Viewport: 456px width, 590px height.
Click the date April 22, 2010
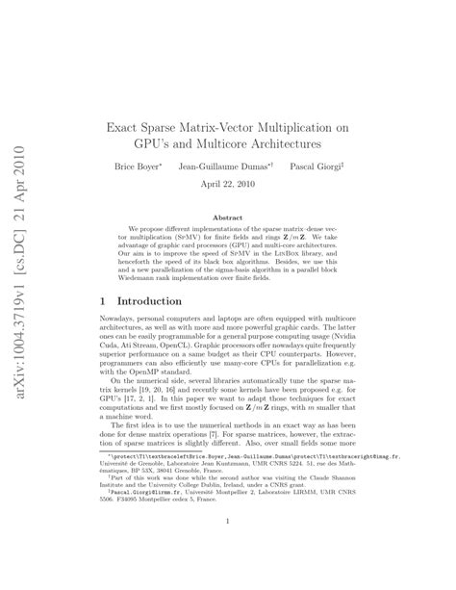(227, 185)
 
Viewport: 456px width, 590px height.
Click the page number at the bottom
(227, 550)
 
